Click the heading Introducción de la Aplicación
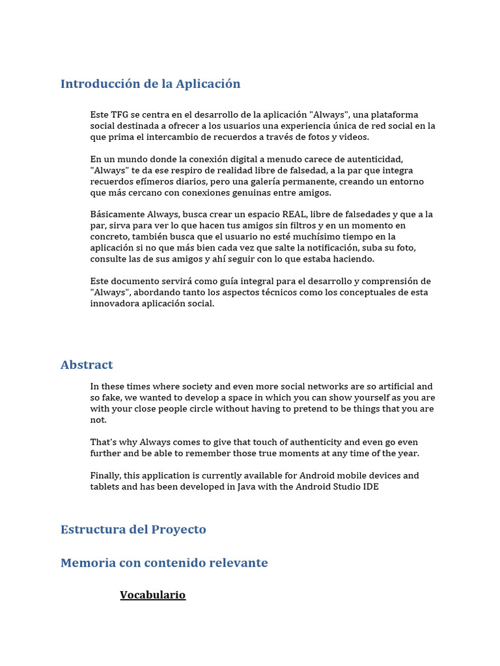click(150, 84)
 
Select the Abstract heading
click(87, 365)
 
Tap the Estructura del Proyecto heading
click(133, 529)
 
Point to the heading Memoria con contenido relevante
click(164, 563)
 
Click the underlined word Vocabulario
click(153, 595)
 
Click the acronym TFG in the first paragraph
click(119, 115)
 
